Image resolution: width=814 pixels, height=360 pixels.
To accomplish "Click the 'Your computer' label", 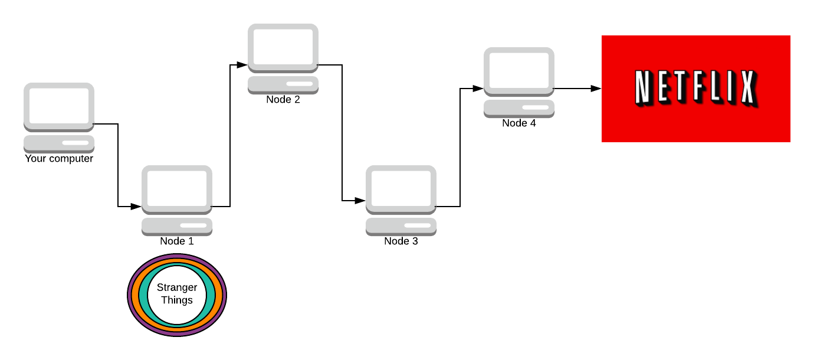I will [x=59, y=159].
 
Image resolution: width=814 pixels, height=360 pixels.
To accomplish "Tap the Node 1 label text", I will [x=177, y=241].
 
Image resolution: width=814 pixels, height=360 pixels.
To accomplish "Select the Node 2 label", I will [x=283, y=100].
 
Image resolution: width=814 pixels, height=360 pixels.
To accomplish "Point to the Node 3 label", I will [x=401, y=241].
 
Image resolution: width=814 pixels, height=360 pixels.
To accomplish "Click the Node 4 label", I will [x=519, y=123].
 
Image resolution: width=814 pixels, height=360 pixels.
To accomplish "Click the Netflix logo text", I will [x=695, y=89].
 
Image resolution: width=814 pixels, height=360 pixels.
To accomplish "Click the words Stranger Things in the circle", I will [x=177, y=294].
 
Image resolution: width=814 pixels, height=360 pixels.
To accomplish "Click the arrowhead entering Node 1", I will [x=136, y=207].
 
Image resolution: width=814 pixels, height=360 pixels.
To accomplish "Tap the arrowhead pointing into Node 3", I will [x=360, y=201].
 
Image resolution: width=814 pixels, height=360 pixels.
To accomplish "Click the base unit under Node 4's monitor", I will [x=519, y=109].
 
